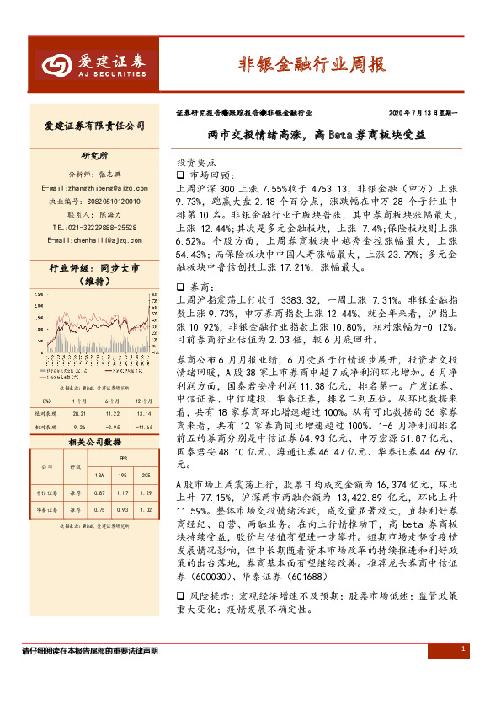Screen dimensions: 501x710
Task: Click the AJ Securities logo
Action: (x=93, y=65)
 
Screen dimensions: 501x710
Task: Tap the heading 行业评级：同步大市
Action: (x=94, y=269)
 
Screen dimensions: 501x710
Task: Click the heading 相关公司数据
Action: (x=94, y=442)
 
